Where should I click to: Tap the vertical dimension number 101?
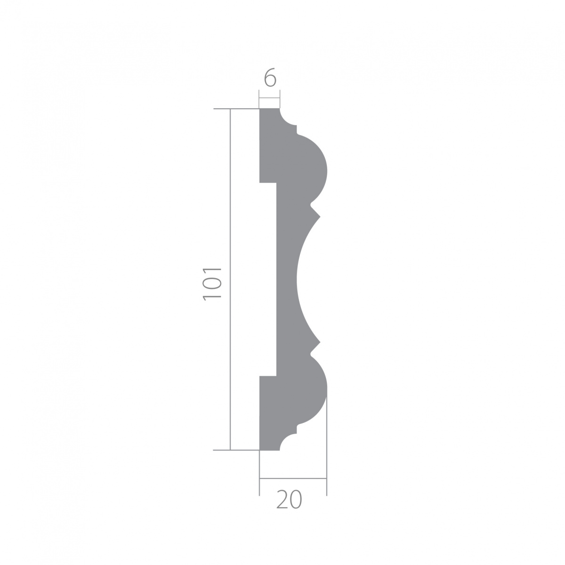click(x=212, y=284)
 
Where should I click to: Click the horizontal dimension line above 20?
click(x=293, y=478)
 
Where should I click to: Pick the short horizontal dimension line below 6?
click(x=270, y=99)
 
